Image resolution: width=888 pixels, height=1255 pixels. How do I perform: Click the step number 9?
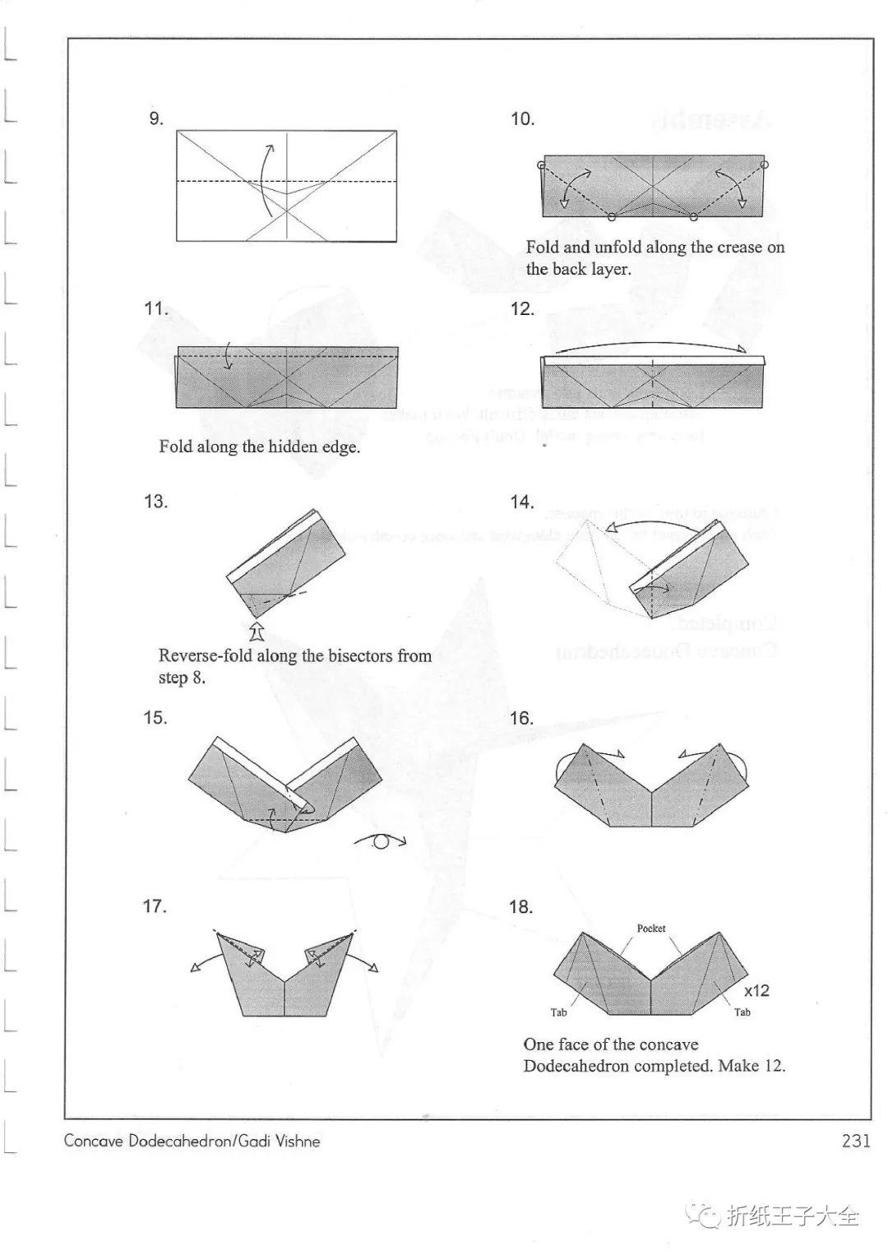(156, 119)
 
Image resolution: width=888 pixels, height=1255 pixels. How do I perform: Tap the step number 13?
(155, 502)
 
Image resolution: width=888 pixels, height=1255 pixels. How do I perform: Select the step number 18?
(521, 907)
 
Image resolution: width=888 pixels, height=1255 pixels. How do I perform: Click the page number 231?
(855, 1141)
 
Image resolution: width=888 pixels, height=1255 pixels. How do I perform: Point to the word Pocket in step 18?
(651, 929)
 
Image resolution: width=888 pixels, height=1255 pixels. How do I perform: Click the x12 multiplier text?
(756, 991)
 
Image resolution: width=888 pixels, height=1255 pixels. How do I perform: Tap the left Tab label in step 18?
(559, 1012)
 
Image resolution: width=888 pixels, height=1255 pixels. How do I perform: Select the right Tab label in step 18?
(742, 1012)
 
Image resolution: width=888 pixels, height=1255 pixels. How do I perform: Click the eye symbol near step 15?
(381, 841)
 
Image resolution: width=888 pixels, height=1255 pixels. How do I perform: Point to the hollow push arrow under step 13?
(256, 632)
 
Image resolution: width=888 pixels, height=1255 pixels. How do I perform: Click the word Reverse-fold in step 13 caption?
(206, 656)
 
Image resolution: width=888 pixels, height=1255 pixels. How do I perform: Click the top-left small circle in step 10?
(541, 166)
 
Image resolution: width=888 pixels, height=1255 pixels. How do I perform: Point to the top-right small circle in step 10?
(765, 165)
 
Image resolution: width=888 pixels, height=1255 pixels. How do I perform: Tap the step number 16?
(521, 718)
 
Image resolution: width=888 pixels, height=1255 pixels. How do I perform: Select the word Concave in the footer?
(95, 1142)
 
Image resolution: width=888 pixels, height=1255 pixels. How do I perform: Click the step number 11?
(155, 309)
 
